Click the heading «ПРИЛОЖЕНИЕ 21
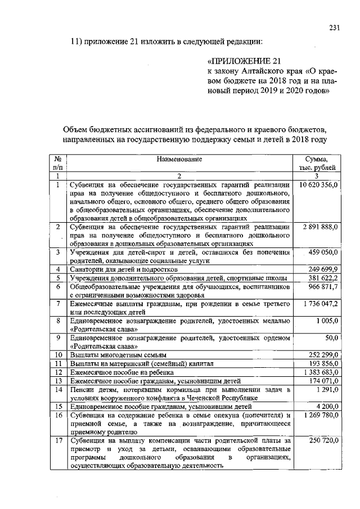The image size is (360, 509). tap(243, 61)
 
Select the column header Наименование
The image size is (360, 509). tap(178, 160)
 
